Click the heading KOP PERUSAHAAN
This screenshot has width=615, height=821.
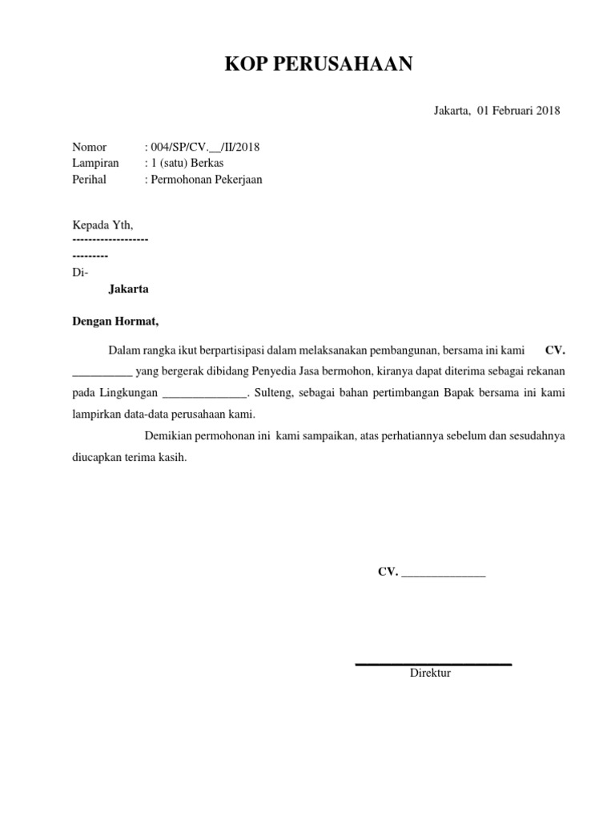(x=319, y=65)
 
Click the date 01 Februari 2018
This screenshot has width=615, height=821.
(x=518, y=111)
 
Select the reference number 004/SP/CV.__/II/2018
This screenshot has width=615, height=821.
(x=204, y=147)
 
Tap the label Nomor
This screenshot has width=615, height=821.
(x=89, y=147)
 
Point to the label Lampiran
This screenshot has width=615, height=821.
(x=95, y=163)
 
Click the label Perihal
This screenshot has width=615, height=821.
(x=89, y=180)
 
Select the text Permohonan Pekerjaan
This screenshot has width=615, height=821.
(x=206, y=180)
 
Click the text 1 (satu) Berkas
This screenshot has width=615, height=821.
(x=187, y=163)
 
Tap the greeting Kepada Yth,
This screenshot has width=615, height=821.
(x=102, y=224)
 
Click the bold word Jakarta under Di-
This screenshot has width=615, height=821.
(x=128, y=289)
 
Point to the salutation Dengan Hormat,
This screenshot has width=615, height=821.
(x=115, y=322)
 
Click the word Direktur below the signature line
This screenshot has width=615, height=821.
(x=430, y=673)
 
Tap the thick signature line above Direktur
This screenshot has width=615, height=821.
(x=433, y=664)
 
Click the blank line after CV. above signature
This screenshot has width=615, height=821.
(x=443, y=573)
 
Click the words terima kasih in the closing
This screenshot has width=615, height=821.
(x=163, y=458)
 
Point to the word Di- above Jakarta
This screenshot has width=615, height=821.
(x=80, y=272)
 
